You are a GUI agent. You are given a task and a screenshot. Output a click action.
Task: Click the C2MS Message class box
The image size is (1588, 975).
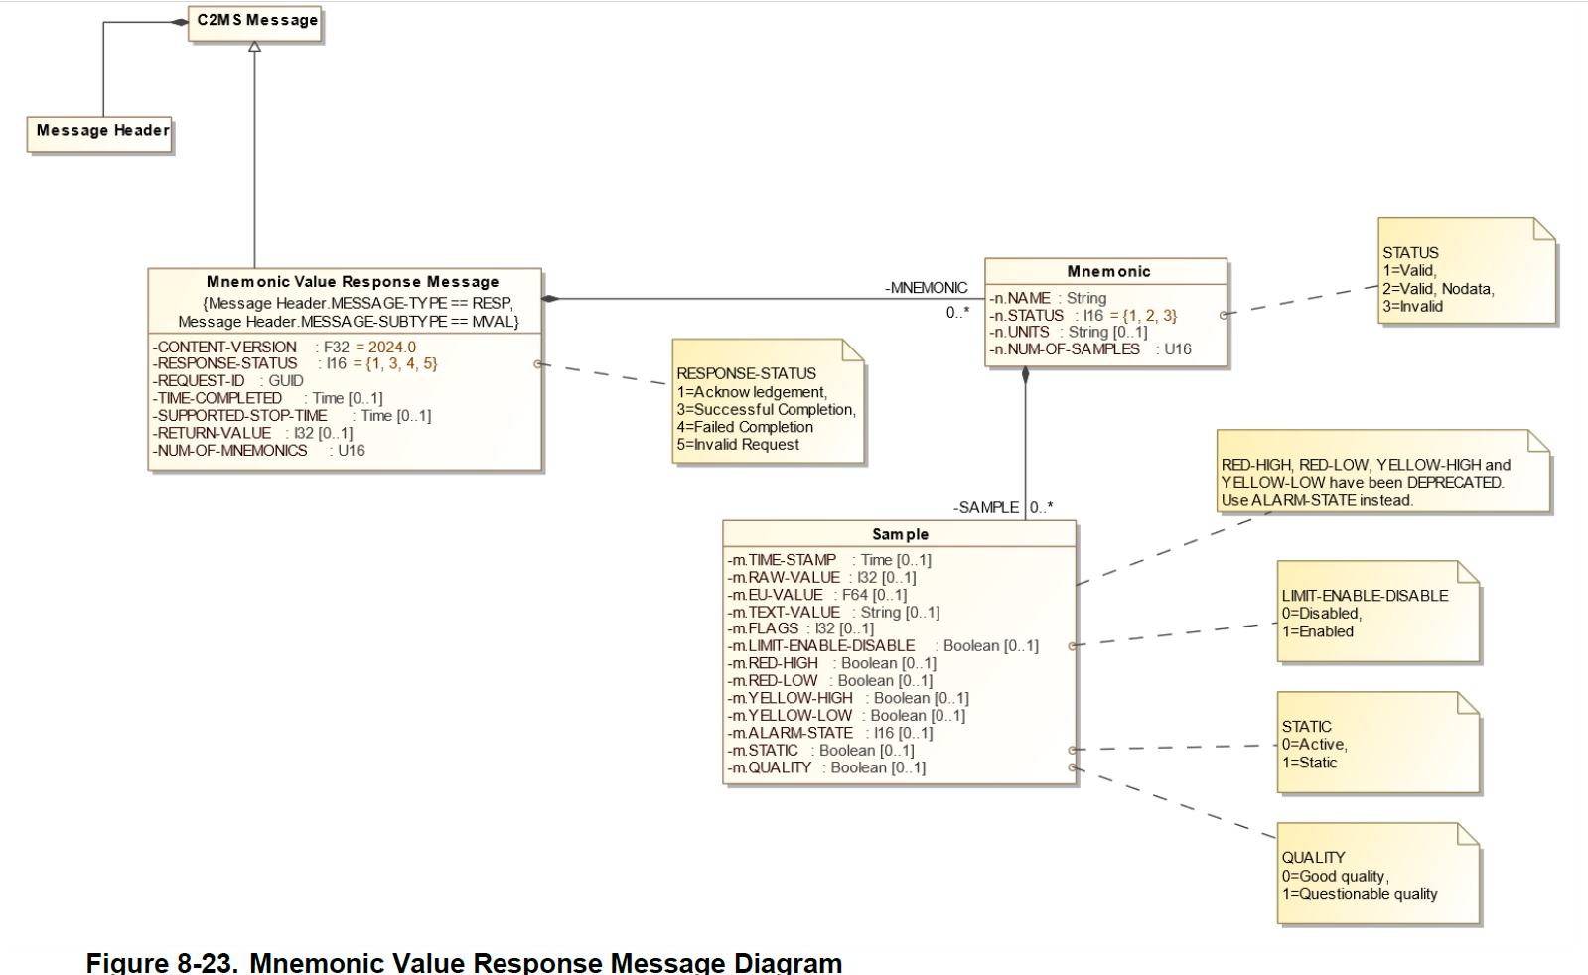point(256,22)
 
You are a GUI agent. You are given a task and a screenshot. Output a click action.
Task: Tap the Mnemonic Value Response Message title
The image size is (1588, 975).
point(352,282)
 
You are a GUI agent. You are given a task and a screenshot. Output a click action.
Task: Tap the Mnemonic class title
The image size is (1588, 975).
point(1108,272)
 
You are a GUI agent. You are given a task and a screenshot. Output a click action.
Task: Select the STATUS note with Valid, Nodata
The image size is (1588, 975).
point(1465,273)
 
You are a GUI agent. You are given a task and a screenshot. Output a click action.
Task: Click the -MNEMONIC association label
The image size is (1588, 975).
point(926,288)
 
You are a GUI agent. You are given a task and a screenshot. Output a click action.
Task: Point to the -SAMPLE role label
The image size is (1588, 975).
point(986,508)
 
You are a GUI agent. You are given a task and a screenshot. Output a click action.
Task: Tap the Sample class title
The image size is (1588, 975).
point(900,534)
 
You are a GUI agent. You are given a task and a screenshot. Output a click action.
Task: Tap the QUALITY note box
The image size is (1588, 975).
point(1377,875)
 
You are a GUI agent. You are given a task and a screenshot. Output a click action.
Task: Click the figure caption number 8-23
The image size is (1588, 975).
point(207,962)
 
